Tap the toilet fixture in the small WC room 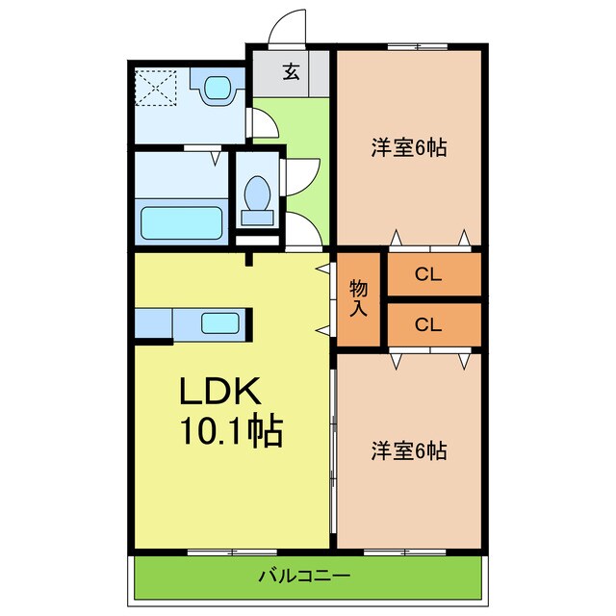pos(258,195)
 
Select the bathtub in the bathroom pos(183,221)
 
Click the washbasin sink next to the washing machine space pos(217,89)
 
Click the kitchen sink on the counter pos(220,323)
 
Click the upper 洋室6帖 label pos(409,149)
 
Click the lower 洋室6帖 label pos(409,449)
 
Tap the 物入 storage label pos(358,298)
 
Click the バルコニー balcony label pos(304,577)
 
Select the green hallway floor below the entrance pos(293,135)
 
